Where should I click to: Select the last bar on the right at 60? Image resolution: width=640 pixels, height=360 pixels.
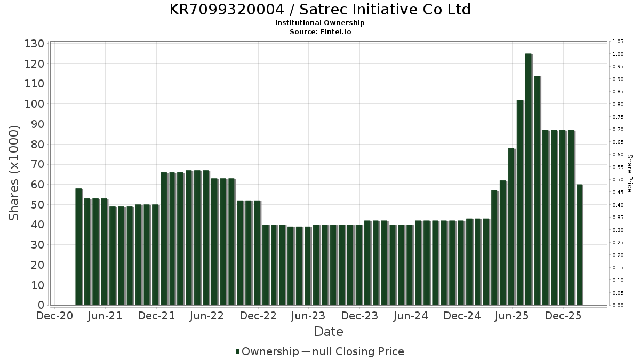click(579, 245)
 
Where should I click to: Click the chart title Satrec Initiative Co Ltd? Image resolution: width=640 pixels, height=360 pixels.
click(320, 10)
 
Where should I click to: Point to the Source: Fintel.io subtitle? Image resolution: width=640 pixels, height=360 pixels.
click(320, 31)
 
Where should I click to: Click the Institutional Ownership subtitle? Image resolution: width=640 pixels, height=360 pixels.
click(320, 23)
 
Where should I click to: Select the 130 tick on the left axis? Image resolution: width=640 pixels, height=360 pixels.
click(34, 44)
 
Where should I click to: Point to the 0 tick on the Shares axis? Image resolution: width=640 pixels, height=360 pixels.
click(41, 305)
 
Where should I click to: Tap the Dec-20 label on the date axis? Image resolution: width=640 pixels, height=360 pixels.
click(54, 316)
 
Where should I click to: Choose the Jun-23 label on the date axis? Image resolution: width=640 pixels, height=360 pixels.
click(308, 316)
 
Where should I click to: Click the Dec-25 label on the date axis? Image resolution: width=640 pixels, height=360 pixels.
click(563, 316)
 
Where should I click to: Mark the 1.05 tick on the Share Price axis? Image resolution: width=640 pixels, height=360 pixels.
click(618, 42)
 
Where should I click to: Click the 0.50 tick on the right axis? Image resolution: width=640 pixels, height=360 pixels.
click(618, 180)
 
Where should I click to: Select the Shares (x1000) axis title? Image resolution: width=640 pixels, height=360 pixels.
click(14, 173)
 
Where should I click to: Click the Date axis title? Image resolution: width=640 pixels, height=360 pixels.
click(329, 332)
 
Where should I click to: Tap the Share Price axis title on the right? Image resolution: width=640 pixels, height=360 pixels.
click(629, 173)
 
